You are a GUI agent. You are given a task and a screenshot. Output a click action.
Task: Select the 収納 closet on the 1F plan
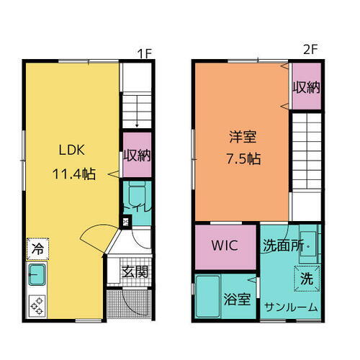[136, 156]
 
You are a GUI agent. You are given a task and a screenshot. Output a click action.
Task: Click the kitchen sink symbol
[37, 274]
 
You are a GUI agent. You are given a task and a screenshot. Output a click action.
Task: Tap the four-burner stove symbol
[37, 305]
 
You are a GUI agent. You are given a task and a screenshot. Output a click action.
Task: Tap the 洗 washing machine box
[306, 278]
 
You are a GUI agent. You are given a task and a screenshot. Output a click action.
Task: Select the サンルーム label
[290, 307]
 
